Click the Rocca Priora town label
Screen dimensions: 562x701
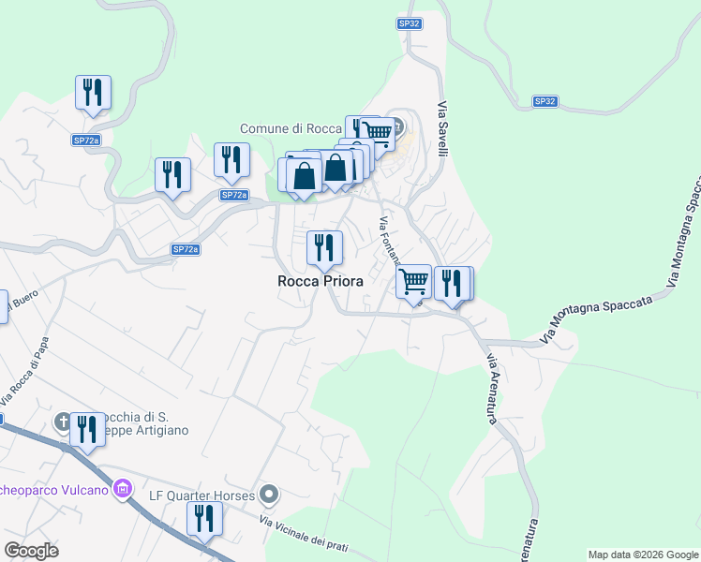click(320, 280)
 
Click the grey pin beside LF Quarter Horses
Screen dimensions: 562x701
click(270, 493)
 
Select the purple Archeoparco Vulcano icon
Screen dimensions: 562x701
click(121, 488)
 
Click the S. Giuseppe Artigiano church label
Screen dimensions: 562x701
click(141, 423)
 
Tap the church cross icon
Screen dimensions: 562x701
click(64, 421)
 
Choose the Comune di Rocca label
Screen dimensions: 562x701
click(291, 128)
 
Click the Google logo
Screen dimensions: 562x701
click(31, 551)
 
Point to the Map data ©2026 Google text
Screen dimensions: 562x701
click(642, 555)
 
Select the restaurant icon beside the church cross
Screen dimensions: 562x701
click(87, 429)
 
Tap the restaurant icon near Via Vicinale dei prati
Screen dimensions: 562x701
click(203, 517)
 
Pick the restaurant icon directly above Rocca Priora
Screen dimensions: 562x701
click(324, 247)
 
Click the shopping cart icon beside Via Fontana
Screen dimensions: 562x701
click(413, 281)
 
